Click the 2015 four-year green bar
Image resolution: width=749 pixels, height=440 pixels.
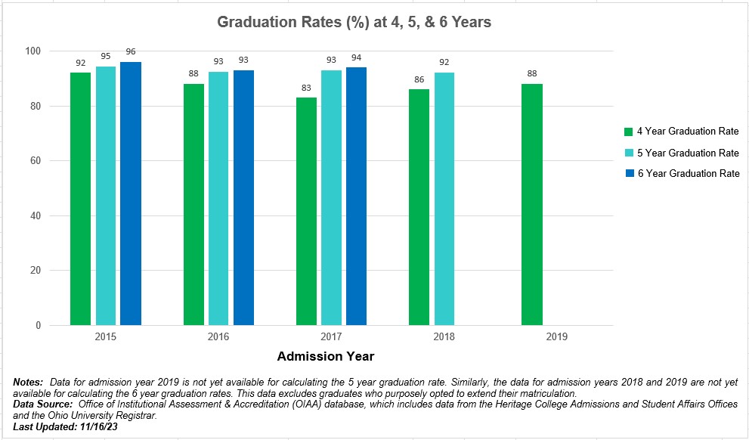click(80, 198)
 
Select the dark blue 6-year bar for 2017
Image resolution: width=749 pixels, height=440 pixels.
click(356, 196)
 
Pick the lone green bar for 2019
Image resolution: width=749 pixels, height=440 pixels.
click(532, 204)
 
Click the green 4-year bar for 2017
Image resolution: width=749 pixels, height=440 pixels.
click(306, 211)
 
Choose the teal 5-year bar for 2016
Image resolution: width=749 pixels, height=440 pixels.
click(218, 198)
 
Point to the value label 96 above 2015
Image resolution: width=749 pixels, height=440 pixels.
click(131, 51)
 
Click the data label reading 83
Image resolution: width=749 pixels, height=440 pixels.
click(306, 88)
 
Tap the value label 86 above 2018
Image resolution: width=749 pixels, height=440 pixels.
click(419, 79)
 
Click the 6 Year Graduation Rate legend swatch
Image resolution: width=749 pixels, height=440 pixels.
click(630, 174)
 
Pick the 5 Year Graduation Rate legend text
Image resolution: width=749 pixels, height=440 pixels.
click(688, 153)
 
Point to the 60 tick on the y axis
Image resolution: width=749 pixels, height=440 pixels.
click(55, 161)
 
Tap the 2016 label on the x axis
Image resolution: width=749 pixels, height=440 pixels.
click(218, 337)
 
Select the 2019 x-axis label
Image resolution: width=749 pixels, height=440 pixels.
click(557, 337)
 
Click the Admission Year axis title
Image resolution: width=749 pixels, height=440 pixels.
click(325, 356)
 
